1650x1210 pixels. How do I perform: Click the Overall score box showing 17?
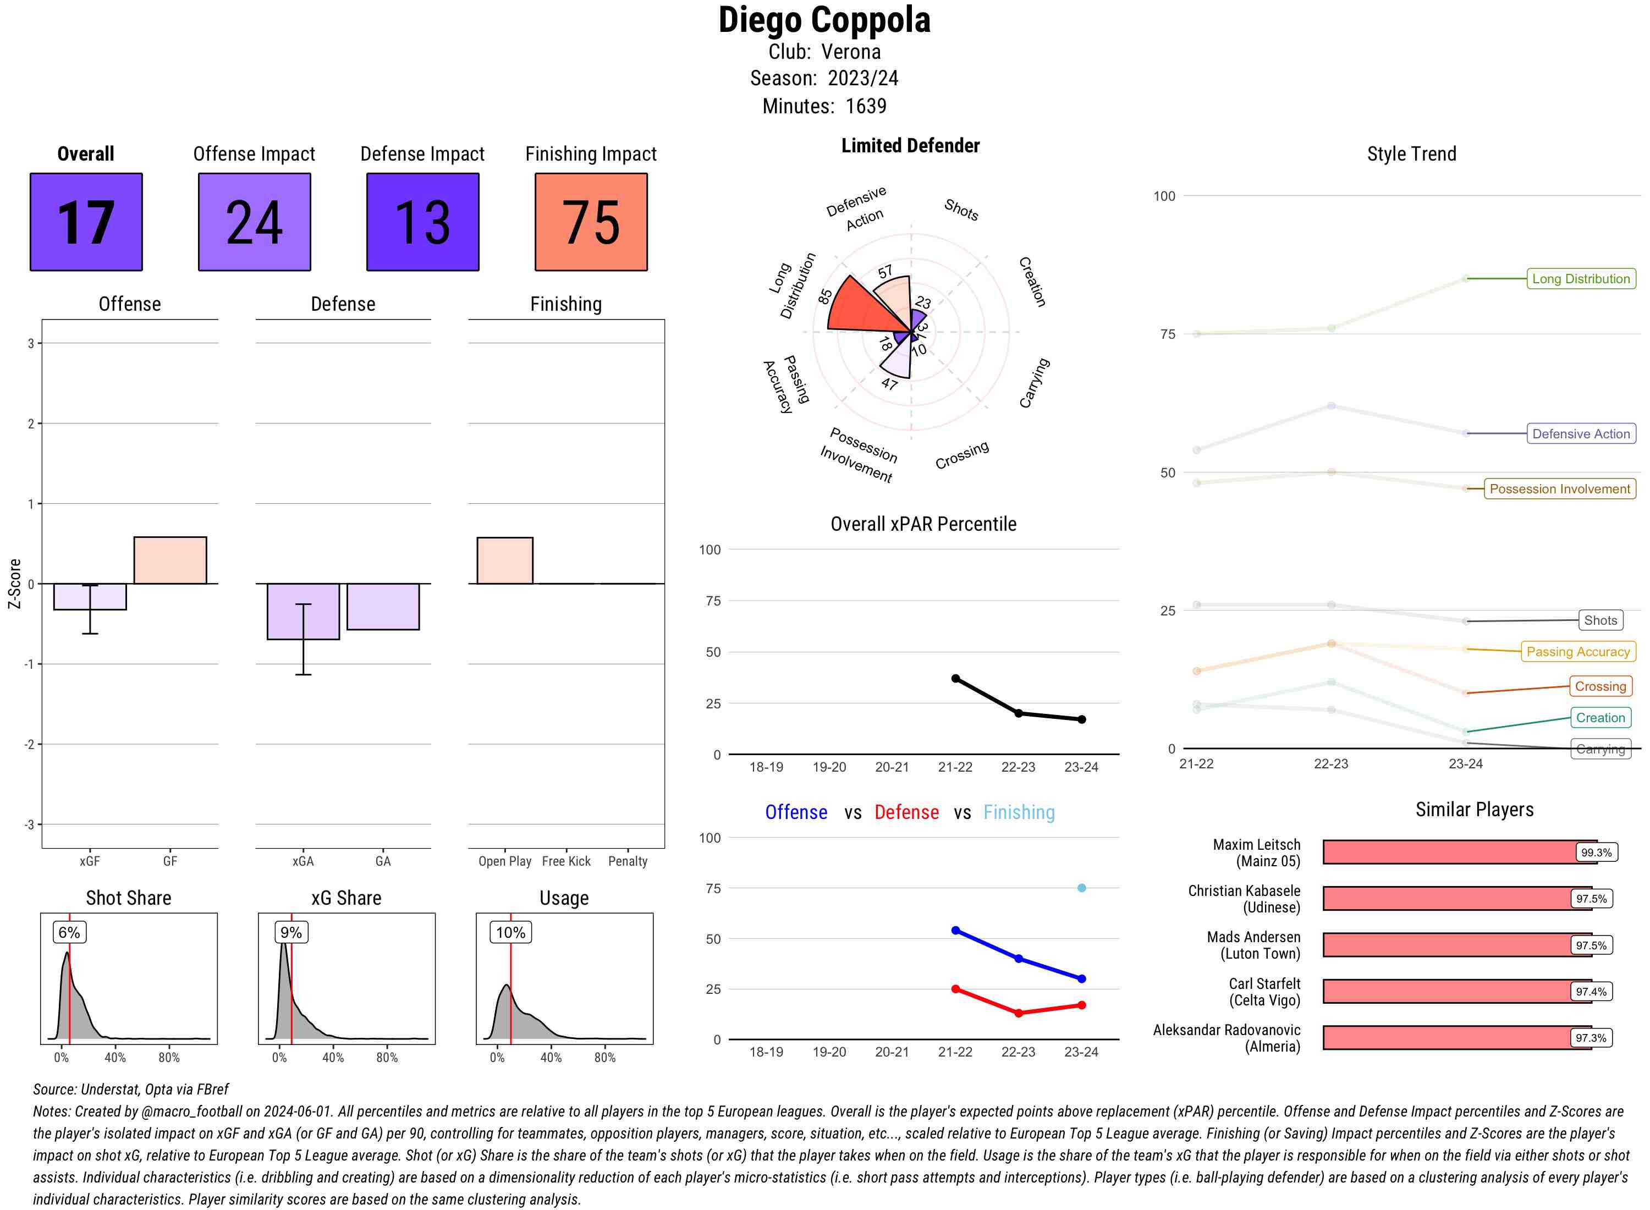(x=86, y=222)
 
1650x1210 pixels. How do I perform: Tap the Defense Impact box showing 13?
(x=422, y=222)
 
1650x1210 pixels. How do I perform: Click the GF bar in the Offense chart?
(x=170, y=560)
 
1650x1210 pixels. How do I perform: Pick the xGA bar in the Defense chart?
(x=303, y=612)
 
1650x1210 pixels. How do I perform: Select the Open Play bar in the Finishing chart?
(x=504, y=560)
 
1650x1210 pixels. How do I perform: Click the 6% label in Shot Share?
(x=69, y=932)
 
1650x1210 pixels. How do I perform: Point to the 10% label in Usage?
(x=510, y=932)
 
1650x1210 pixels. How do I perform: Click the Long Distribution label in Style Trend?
(x=1581, y=278)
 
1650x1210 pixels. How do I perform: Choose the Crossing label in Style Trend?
(x=1599, y=686)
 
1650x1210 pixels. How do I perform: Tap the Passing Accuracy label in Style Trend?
(x=1577, y=651)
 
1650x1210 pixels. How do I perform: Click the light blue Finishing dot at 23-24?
(x=1081, y=888)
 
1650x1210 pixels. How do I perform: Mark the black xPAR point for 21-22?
(x=955, y=678)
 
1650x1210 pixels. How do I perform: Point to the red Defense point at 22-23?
(x=1018, y=1013)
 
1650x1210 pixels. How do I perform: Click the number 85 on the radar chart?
(x=826, y=296)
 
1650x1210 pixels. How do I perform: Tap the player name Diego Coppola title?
(x=824, y=20)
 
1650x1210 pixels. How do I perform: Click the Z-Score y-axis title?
(x=14, y=583)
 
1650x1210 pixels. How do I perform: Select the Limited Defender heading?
(x=910, y=146)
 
